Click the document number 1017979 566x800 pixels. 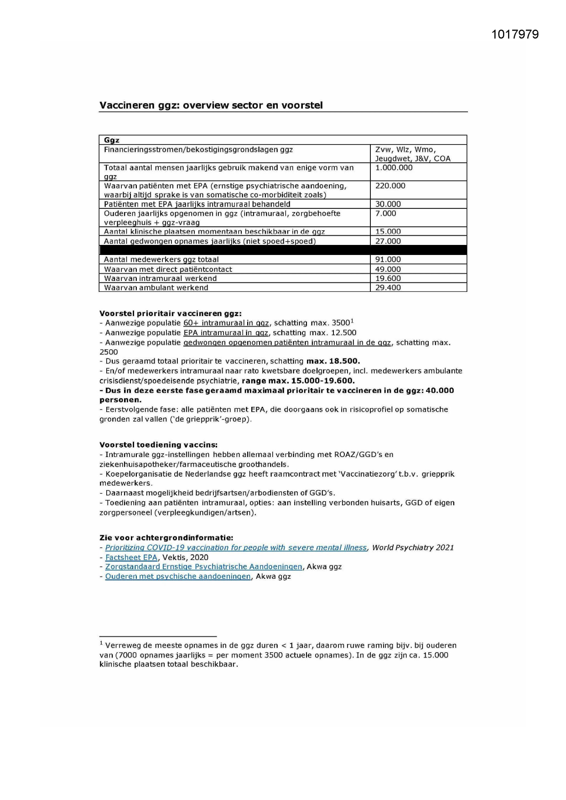515,35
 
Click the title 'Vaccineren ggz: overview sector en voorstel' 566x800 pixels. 211,105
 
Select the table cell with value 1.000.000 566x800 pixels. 394,168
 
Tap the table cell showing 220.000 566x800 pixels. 390,186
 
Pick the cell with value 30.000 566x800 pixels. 388,204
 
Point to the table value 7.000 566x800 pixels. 385,213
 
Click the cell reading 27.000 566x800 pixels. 388,241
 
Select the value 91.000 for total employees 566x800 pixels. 388,260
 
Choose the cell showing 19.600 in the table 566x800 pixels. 388,278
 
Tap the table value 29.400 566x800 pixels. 388,287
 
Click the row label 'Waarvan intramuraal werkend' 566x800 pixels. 160,278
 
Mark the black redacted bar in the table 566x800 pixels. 283,250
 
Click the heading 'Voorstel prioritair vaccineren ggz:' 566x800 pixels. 170,313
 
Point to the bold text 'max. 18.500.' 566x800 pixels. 333,361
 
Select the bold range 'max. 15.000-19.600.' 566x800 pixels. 298,381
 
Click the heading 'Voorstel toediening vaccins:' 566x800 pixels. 158,445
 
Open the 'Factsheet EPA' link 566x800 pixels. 131,557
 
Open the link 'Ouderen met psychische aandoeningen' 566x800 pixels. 178,577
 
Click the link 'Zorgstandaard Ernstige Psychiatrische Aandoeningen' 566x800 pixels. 203,567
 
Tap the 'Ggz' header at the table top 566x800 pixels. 112,140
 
